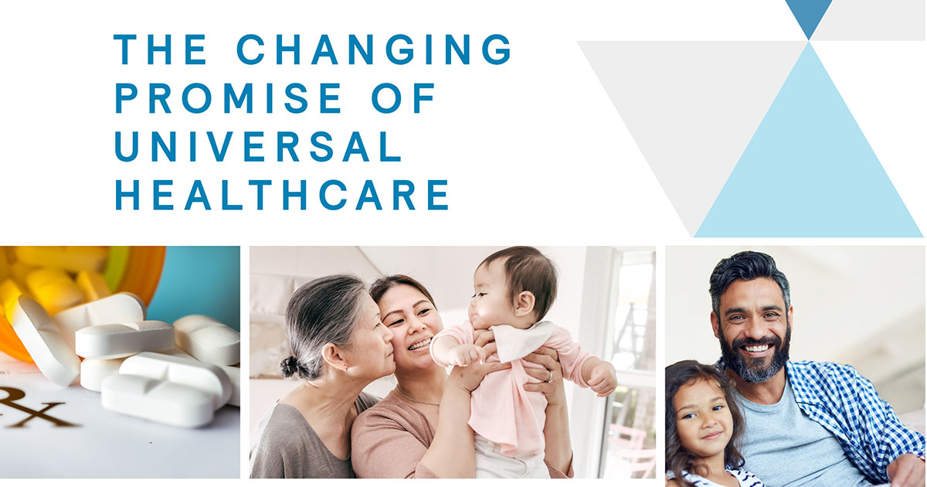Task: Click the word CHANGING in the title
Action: [x=374, y=49]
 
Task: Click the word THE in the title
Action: [x=161, y=49]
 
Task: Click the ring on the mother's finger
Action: [x=550, y=377]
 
